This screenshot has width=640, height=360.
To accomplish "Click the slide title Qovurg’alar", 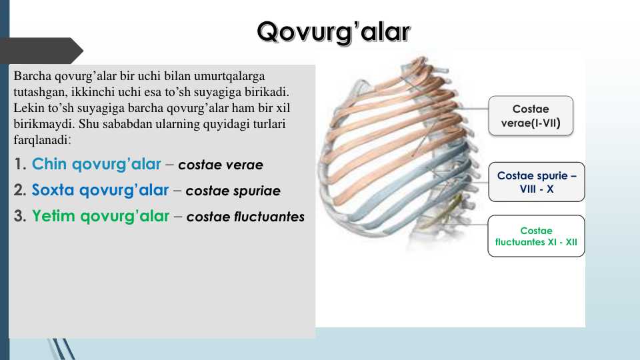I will point(334,31).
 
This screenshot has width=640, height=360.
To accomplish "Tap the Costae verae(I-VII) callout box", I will point(531,115).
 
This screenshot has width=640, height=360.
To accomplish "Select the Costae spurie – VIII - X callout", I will point(536,182).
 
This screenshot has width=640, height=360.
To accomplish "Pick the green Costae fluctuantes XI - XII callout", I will point(536,236).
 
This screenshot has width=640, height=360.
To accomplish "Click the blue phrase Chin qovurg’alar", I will point(97,164).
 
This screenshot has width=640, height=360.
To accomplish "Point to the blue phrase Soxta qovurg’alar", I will point(100,190).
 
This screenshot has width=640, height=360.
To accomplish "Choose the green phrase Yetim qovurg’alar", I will point(100,216).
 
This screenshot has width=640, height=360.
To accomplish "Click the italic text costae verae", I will point(221,165).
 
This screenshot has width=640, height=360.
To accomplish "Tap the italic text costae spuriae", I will point(233,191).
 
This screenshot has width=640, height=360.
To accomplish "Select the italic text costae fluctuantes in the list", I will point(245,217).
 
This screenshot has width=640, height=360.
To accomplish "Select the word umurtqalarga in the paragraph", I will point(237,76).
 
